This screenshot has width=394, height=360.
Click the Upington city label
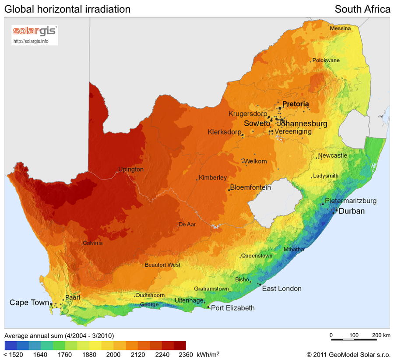[x=131, y=169]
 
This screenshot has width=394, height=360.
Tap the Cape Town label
[x=28, y=303]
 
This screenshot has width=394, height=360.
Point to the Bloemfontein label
[x=250, y=187]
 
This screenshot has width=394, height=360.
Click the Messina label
[x=340, y=28]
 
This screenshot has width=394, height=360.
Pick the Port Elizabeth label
[x=232, y=308]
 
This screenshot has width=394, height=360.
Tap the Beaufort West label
[x=162, y=265]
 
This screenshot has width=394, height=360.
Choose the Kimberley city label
[x=213, y=178]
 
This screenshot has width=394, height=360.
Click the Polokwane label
[x=326, y=60]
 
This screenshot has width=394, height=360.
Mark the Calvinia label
[x=92, y=243]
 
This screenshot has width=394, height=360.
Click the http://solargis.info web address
[x=31, y=42]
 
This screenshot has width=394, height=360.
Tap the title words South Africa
[x=362, y=9]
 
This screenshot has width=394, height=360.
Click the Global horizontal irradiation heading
[x=67, y=9]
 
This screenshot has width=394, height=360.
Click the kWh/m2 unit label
[x=208, y=354]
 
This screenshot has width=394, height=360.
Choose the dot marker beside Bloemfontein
[x=229, y=190]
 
